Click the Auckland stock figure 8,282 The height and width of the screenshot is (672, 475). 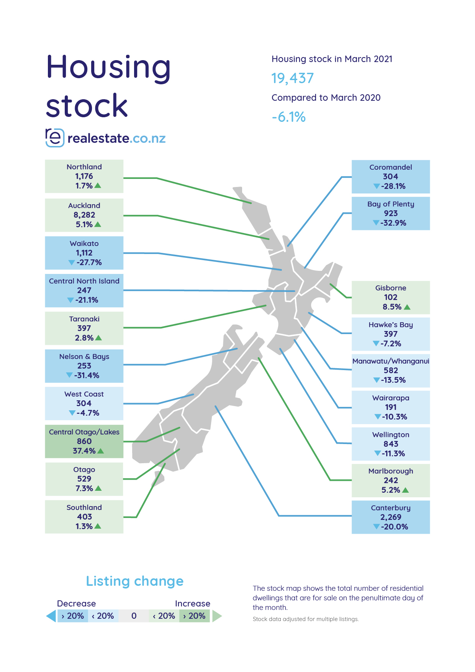pos(84,215)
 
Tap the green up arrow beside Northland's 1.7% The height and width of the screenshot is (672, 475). pos(98,186)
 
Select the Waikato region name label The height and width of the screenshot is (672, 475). pos(84,244)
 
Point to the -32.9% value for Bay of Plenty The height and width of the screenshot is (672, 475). pos(393,223)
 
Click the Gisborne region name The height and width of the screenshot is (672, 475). pos(391,288)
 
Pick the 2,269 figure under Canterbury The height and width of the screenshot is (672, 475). pos(391,517)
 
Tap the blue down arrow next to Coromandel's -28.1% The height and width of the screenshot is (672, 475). pos(377,187)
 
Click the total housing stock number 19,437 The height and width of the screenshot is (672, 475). pos(293,78)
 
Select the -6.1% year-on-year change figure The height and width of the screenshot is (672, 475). pos(289,117)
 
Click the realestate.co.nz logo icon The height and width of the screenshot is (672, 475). pos(55,138)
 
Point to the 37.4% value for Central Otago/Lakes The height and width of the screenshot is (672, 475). pos(84,451)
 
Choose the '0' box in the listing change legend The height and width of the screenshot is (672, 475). pos(134,616)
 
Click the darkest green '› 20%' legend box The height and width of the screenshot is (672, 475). pos(194,616)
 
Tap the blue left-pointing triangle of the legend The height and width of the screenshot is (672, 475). pos(51,616)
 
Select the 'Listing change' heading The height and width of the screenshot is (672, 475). pos(135,581)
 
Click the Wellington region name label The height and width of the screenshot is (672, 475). pos(391,435)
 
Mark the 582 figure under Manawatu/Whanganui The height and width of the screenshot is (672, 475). pos(391,370)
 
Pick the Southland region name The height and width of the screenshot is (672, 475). pos(84,508)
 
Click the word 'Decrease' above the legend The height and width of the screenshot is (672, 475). pos(76,604)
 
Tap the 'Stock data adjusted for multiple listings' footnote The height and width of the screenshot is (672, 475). pos(306,619)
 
